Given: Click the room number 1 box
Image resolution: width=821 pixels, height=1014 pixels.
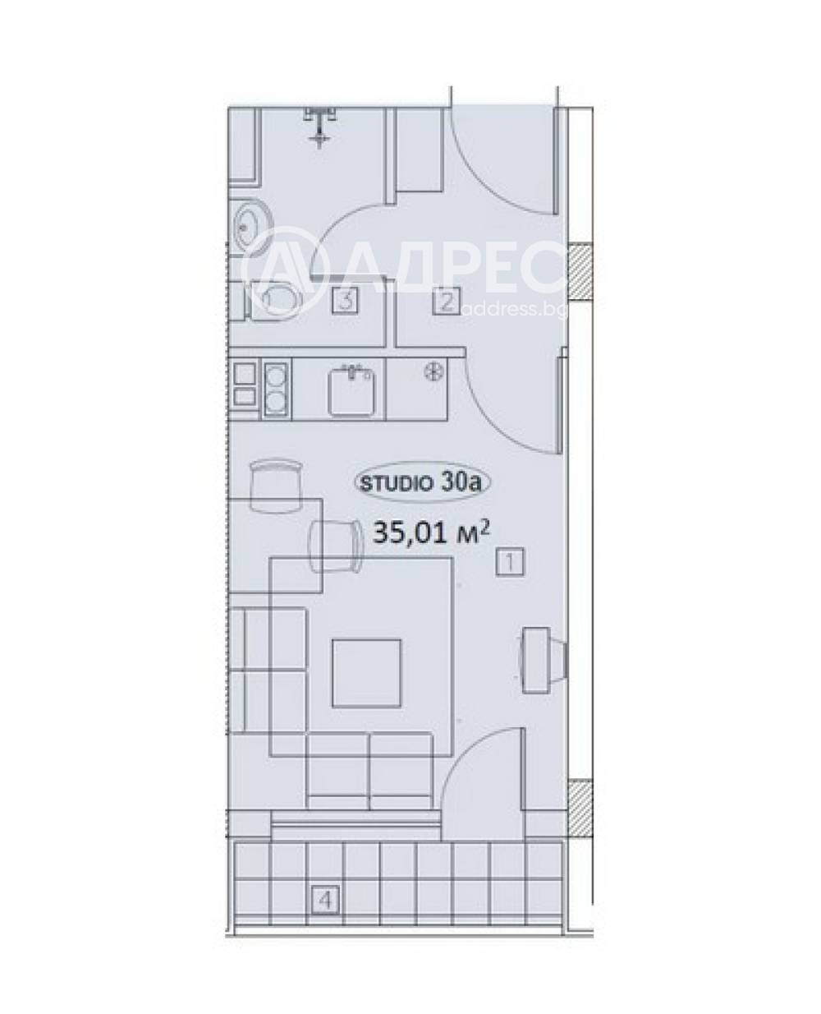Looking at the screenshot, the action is pos(510,562).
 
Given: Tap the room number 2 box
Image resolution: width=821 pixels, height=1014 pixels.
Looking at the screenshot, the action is pos(446,302).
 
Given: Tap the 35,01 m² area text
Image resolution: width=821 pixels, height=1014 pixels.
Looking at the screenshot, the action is pos(432,532).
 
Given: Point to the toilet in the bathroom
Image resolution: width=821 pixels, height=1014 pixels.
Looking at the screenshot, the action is pos(273,300).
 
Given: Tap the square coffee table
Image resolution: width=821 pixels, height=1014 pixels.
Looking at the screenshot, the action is pos(366,673).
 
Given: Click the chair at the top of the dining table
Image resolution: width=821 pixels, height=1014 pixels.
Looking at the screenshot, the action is pos(277,486).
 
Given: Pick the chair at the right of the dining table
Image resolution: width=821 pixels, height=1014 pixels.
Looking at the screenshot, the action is pos(335,546).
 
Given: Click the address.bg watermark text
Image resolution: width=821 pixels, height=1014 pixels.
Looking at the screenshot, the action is pos(515,310).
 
